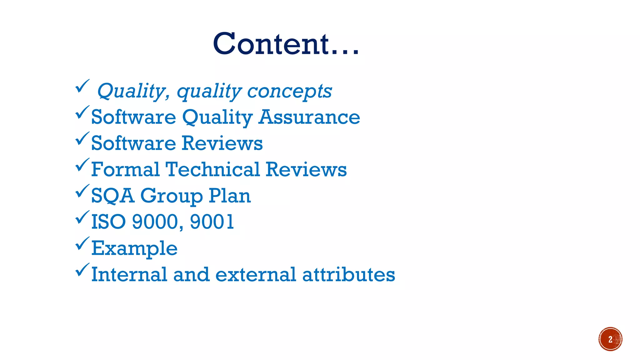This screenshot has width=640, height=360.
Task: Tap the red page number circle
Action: [610, 339]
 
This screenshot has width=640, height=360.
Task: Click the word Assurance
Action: [309, 117]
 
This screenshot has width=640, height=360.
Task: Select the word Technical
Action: [212, 169]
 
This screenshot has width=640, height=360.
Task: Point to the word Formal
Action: [125, 169]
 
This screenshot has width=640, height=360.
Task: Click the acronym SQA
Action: [112, 196]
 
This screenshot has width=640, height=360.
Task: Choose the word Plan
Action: [230, 196]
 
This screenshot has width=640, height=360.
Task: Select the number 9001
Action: [212, 222]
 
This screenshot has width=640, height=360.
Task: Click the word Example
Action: [134, 249]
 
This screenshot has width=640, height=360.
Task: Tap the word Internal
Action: [129, 274]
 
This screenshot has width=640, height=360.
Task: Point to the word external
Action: [255, 274]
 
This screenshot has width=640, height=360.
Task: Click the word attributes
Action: [348, 274]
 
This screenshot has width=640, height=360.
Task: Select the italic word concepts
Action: [289, 91]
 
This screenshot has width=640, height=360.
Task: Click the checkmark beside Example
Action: [82, 244]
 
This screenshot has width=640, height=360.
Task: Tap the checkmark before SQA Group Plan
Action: [82, 191]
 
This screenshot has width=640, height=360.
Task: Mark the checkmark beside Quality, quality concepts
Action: [82, 86]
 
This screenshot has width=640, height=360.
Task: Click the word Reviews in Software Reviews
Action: [222, 143]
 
